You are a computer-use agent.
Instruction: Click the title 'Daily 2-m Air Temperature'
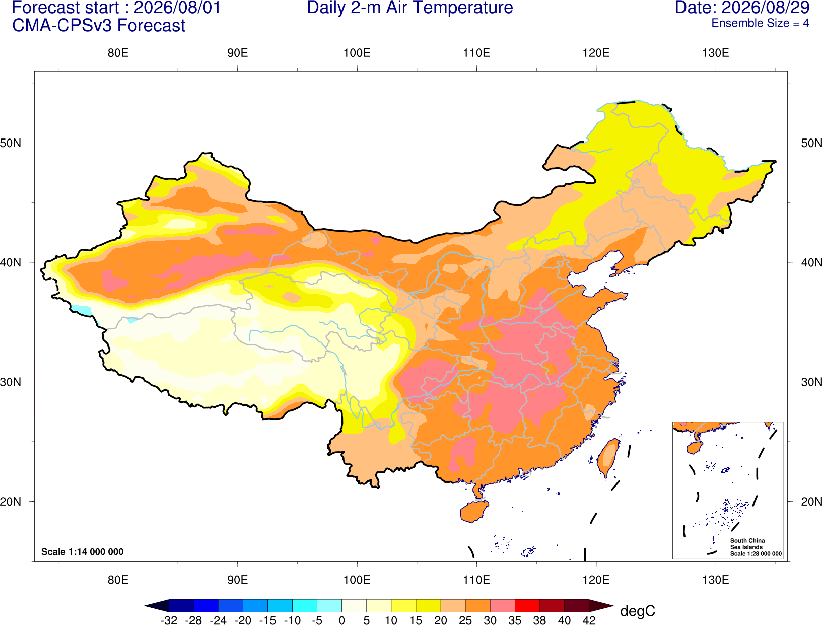(409, 8)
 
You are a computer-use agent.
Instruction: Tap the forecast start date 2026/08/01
(177, 8)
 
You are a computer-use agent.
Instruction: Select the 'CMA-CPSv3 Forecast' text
(99, 26)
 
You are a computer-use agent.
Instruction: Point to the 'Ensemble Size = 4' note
(760, 23)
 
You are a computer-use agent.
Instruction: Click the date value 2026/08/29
(766, 8)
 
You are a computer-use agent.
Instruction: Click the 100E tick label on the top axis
(357, 53)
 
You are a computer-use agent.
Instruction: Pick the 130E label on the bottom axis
(715, 580)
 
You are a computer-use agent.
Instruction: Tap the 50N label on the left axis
(11, 143)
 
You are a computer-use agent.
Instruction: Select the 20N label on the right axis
(811, 502)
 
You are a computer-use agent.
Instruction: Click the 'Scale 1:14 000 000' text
(83, 552)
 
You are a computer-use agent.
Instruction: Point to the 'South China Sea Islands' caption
(747, 544)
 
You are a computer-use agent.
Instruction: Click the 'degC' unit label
(637, 611)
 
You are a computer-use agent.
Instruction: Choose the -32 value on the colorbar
(169, 620)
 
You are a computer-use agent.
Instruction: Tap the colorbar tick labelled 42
(589, 620)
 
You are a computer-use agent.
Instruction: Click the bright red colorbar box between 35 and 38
(527, 605)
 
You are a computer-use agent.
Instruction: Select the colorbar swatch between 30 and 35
(503, 605)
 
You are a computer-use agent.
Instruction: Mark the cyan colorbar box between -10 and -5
(305, 605)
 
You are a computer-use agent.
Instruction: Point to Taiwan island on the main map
(608, 458)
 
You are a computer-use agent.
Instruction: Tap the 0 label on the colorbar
(341, 620)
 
